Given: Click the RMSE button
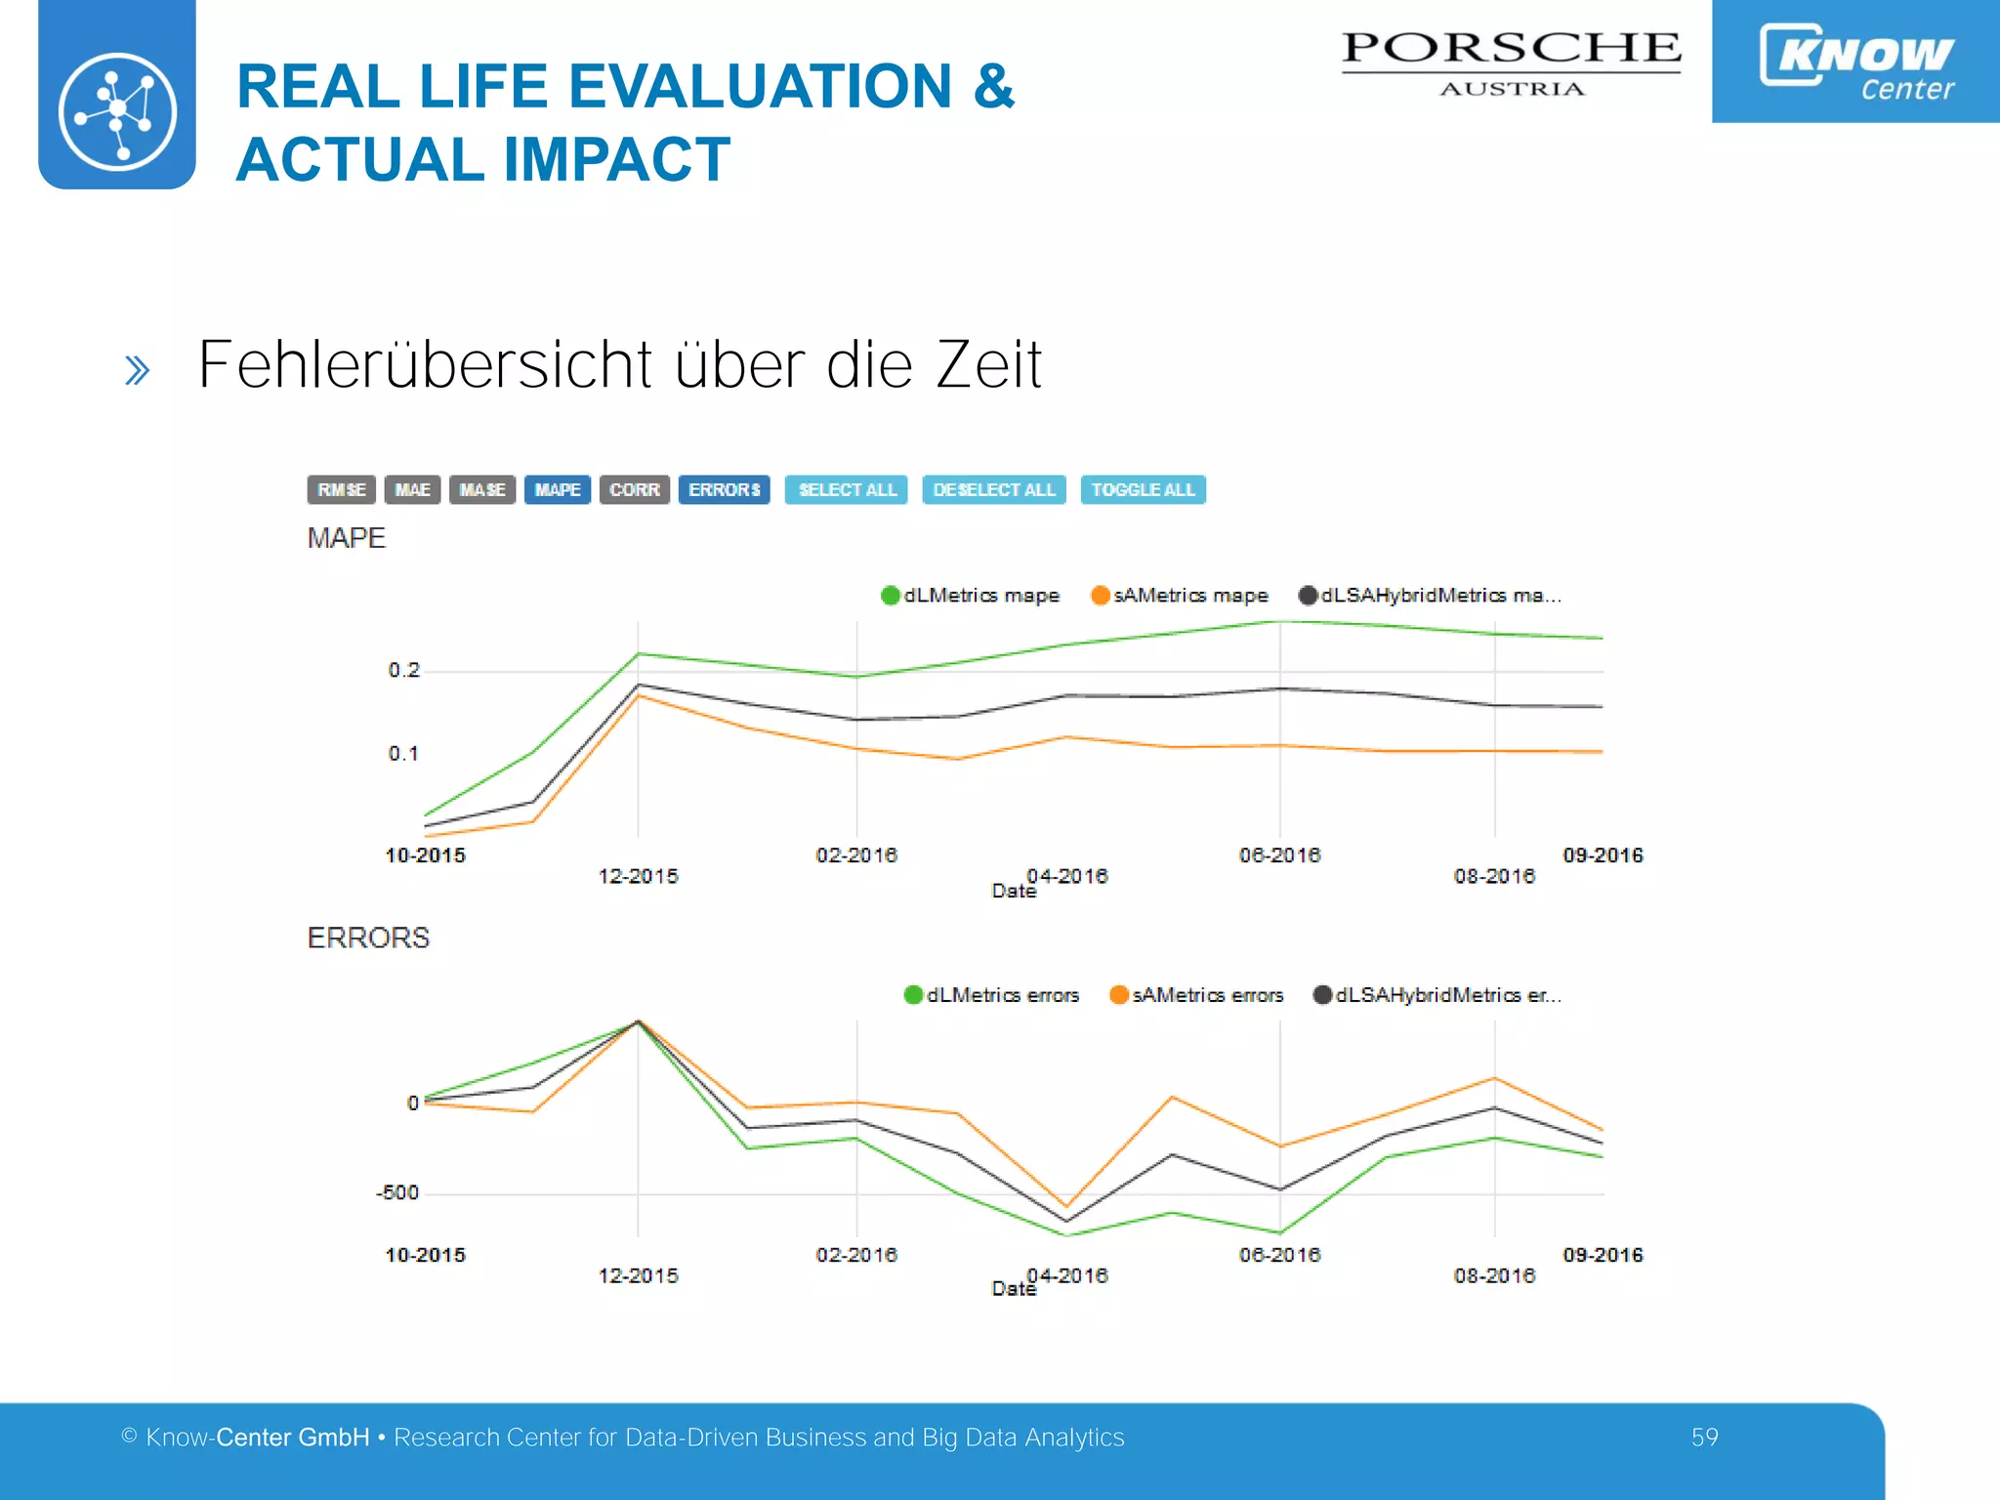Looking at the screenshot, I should point(341,489).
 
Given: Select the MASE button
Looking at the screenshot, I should point(481,489).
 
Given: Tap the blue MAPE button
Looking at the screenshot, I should point(557,489).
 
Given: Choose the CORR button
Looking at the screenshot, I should point(634,489).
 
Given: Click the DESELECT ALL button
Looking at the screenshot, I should point(993,489).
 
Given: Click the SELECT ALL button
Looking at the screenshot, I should point(846,489).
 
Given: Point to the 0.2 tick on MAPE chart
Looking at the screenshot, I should point(403,670).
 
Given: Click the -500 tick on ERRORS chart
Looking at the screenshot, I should point(397,1192).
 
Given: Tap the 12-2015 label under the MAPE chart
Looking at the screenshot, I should point(638,876).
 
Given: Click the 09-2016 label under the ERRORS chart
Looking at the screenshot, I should point(1603,1254).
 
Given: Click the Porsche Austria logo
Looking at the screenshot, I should point(1511,62).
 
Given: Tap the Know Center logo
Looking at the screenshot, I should point(1855,61).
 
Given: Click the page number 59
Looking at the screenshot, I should point(1704,1437).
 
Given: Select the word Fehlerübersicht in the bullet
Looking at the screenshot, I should point(425,364).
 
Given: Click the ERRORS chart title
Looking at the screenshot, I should point(368,937).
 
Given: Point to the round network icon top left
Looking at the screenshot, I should point(117,110).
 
